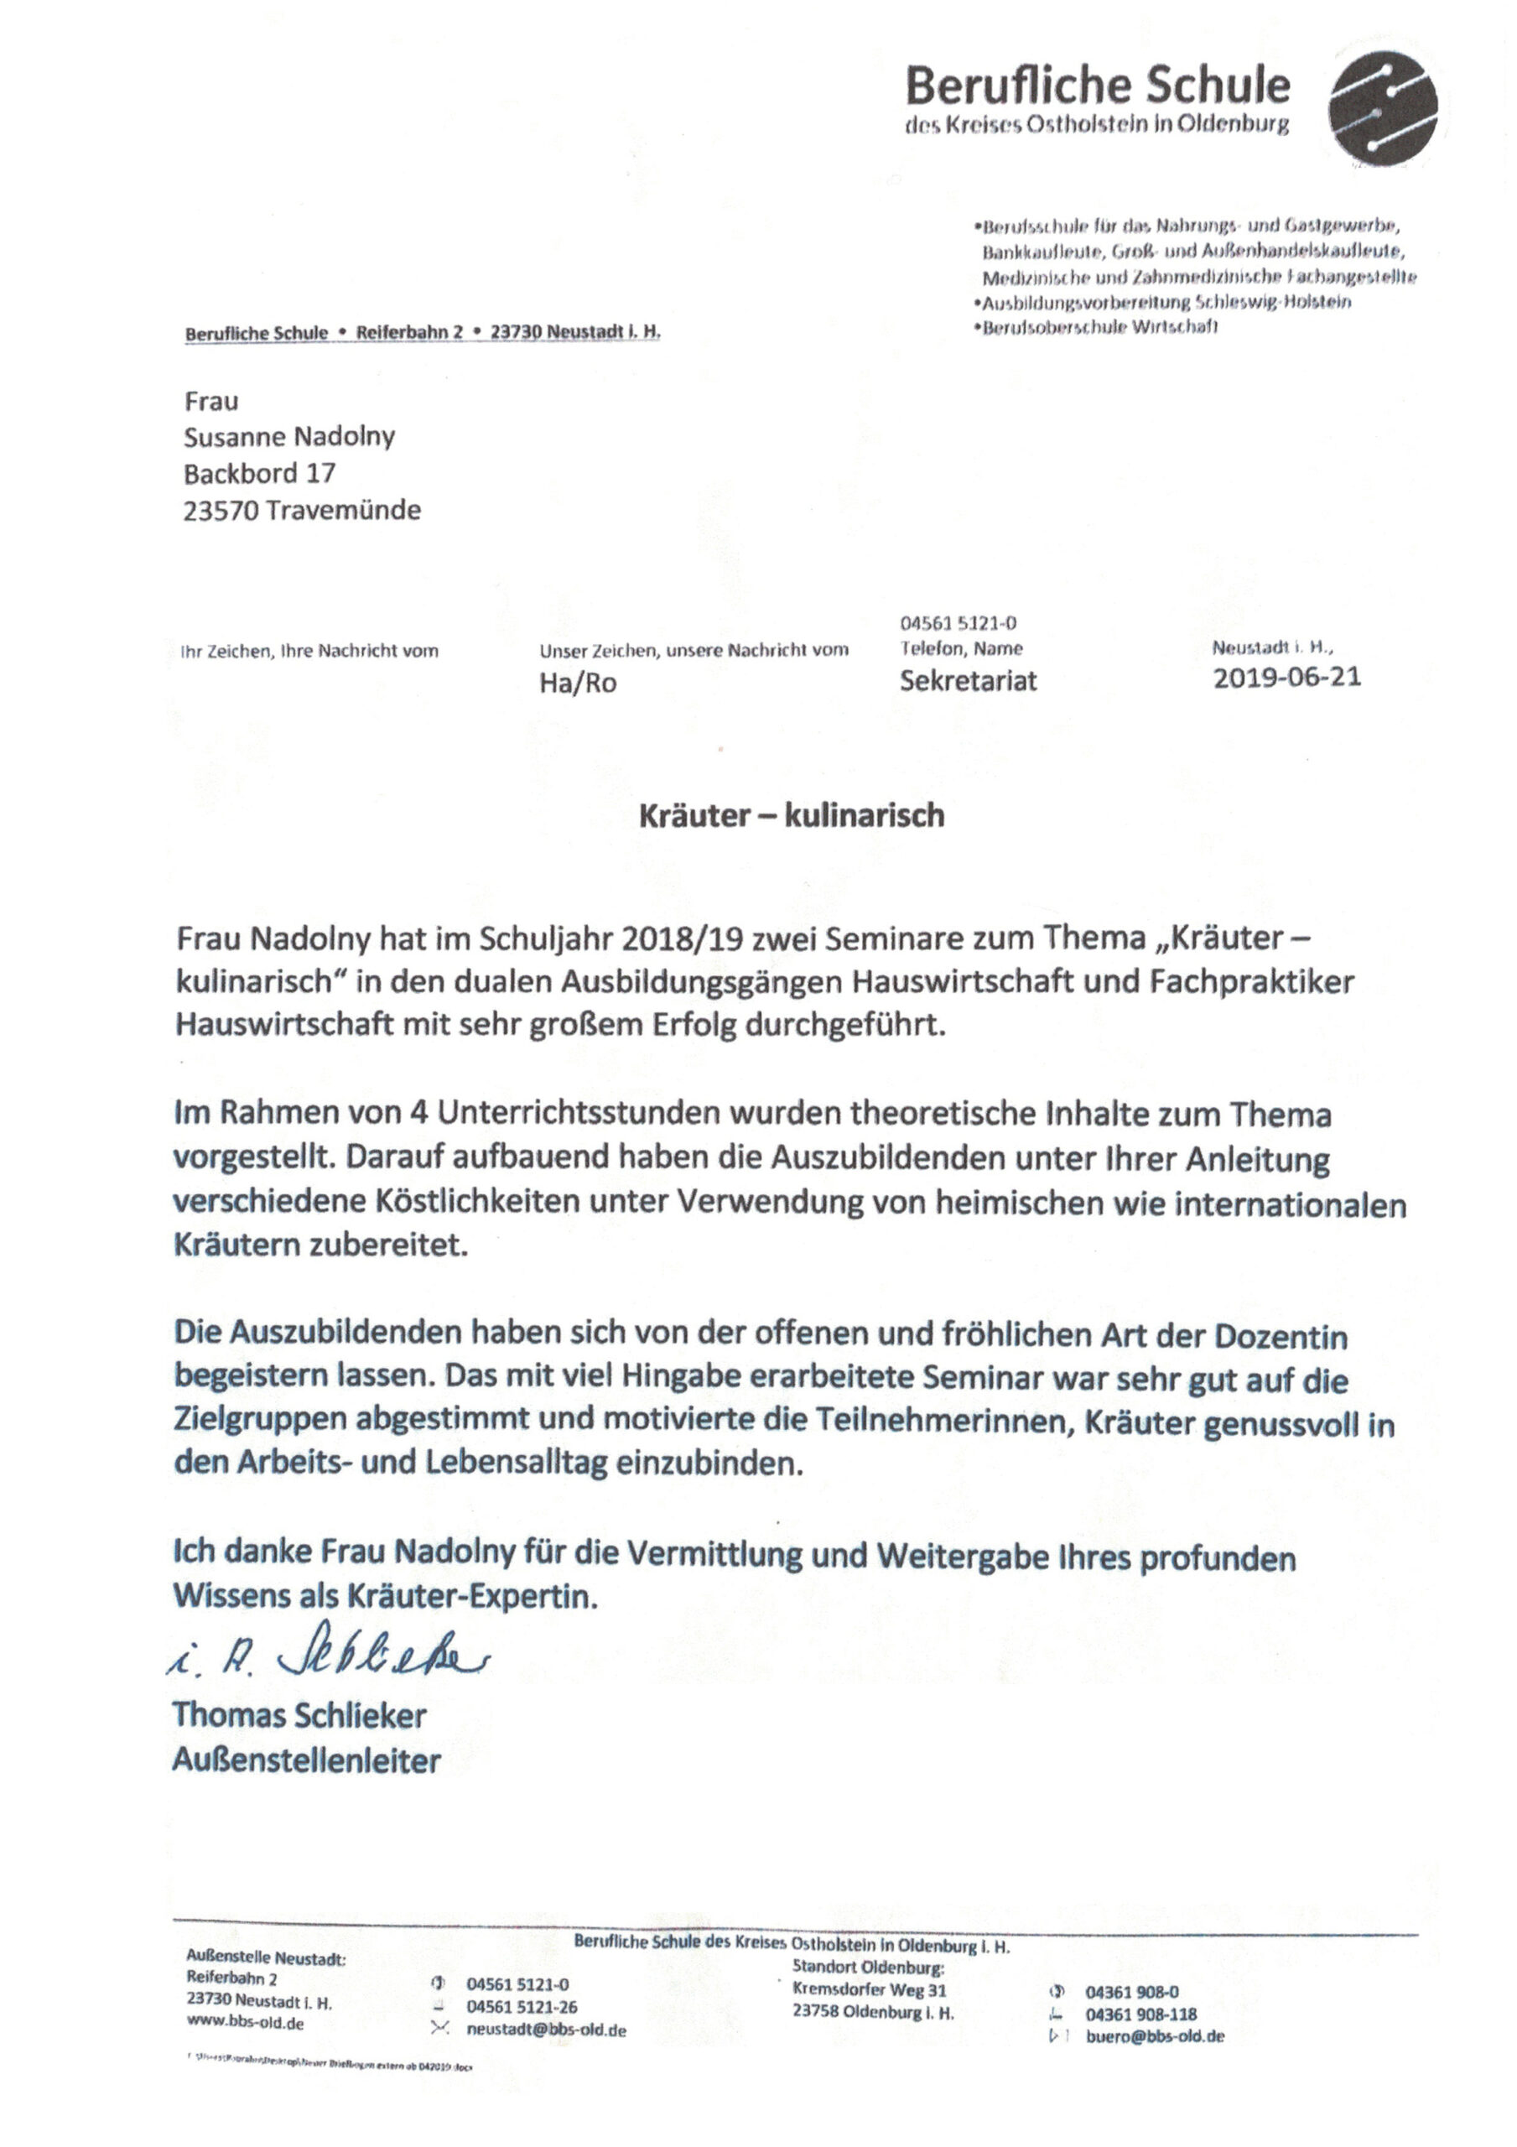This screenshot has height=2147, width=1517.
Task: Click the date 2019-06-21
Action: click(x=1287, y=677)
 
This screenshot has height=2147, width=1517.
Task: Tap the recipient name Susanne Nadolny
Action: click(x=289, y=437)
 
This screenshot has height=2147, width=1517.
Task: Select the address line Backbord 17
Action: click(x=259, y=473)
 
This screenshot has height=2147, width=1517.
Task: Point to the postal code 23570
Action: click(x=219, y=511)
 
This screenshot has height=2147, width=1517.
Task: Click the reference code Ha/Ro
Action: click(x=578, y=684)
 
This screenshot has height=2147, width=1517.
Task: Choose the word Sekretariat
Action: click(x=968, y=681)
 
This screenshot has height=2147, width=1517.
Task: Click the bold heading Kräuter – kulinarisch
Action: click(x=792, y=815)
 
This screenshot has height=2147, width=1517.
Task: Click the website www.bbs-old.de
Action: click(x=245, y=2023)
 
